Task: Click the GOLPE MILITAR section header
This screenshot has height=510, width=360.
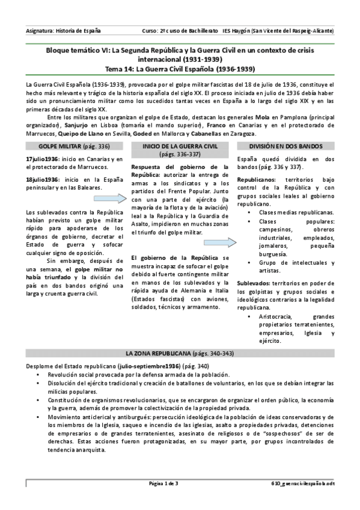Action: click(x=66, y=146)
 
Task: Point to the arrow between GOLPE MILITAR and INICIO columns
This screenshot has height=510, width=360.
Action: click(x=118, y=200)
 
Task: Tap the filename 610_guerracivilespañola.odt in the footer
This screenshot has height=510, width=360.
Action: click(x=302, y=484)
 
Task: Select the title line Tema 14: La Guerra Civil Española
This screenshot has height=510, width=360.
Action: click(x=180, y=69)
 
